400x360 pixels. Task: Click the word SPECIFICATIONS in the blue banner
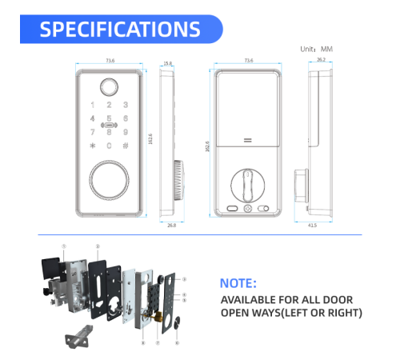click(x=120, y=30)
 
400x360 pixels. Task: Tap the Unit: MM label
click(x=316, y=50)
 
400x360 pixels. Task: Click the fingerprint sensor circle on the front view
click(x=109, y=85)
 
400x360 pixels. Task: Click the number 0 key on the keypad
click(x=109, y=145)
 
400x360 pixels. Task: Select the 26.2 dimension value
click(x=320, y=59)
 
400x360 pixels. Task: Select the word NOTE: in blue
click(x=238, y=283)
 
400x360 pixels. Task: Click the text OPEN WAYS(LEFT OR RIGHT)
click(x=291, y=311)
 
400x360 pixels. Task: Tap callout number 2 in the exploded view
click(x=98, y=246)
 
